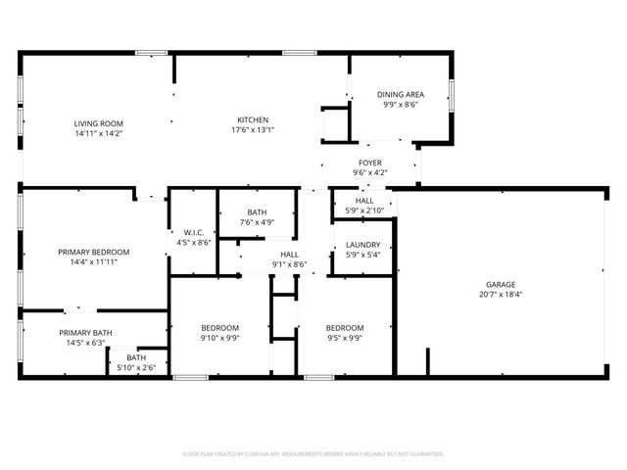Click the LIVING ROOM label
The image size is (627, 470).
pos(99,123)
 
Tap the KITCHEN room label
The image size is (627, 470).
pos(253,119)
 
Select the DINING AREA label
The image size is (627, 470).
pos(400,95)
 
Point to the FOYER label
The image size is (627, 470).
pos(370,164)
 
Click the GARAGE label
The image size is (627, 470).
pos(501,284)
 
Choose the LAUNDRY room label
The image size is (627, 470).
pos(363,246)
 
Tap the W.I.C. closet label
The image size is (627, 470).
pos(193,232)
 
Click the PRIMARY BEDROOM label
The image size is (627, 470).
pos(94,252)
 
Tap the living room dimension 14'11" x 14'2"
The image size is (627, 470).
pos(99,133)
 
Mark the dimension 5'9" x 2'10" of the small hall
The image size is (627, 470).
pos(364,211)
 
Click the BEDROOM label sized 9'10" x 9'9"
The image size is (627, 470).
pos(220,328)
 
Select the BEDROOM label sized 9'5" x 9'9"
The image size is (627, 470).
pos(345,328)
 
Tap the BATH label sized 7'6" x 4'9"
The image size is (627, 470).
pos(257,212)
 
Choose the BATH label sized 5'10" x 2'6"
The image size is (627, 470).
pos(136,357)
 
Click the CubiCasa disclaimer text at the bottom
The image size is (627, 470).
pos(313,453)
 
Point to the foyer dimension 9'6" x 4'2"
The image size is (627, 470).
pos(370,173)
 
